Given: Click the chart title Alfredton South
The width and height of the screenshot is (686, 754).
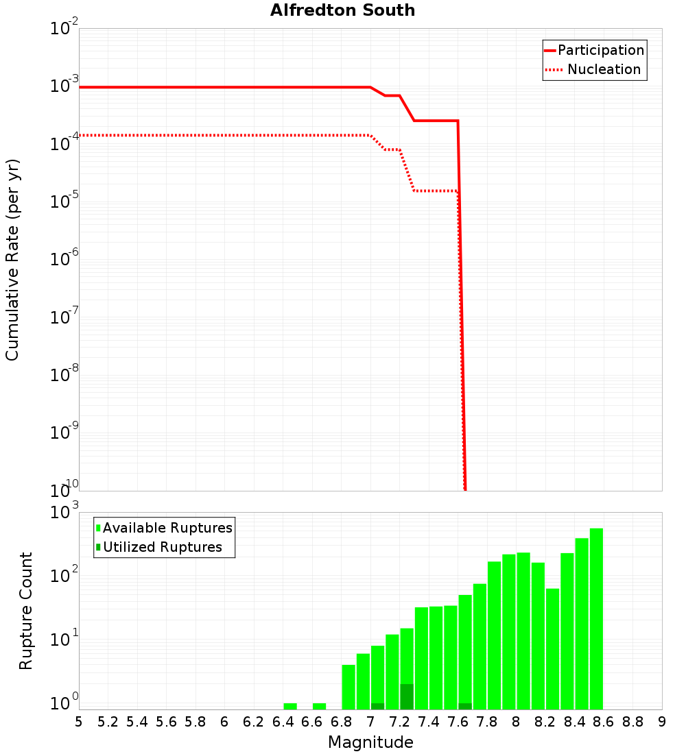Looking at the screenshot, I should pyautogui.click(x=342, y=10).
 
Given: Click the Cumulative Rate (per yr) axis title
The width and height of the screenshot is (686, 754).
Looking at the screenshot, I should pyautogui.click(x=12, y=260).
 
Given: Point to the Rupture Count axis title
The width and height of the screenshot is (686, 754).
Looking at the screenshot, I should pyautogui.click(x=26, y=611).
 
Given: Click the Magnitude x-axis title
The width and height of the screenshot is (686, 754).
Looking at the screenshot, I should pyautogui.click(x=370, y=742).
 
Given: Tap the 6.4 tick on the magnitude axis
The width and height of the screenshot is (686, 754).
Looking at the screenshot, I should pyautogui.click(x=283, y=721).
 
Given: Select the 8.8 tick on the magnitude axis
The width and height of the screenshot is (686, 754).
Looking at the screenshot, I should pyautogui.click(x=632, y=721).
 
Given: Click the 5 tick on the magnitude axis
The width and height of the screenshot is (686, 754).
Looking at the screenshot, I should pyautogui.click(x=79, y=721).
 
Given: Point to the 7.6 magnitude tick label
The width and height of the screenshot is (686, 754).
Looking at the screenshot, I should pyautogui.click(x=458, y=721).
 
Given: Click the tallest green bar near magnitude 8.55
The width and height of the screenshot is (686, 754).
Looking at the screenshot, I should pyautogui.click(x=596, y=617).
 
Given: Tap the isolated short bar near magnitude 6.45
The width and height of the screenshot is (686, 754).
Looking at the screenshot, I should pyautogui.click(x=290, y=706).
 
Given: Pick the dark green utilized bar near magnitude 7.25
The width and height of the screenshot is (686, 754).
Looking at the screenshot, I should pyautogui.click(x=407, y=696).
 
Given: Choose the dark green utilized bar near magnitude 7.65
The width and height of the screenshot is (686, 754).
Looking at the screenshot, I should pyautogui.click(x=465, y=706).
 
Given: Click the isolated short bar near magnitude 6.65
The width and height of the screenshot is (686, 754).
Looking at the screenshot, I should pyautogui.click(x=319, y=706).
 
